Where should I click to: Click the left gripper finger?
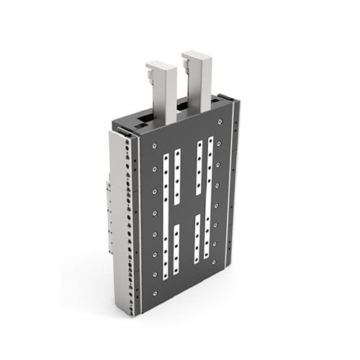165,94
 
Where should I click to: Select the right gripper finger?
199,83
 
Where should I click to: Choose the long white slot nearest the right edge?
210,195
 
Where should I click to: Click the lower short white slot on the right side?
198,238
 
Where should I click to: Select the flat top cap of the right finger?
196,55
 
